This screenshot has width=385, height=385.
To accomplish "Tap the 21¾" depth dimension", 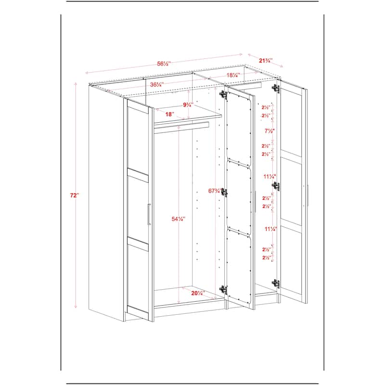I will point(265,61).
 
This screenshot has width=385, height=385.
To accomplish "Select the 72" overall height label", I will point(74,195).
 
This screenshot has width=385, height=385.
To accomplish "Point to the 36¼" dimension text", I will point(156,84).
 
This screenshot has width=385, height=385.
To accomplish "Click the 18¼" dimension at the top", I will point(233,75).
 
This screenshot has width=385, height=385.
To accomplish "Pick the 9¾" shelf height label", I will point(188,104).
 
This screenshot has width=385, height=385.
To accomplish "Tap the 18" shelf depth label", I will point(169,115).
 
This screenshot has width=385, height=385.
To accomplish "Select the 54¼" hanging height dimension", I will point(179,219).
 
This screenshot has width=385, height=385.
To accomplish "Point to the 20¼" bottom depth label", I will point(197,293).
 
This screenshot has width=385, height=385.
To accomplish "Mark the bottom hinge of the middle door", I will point(223,290).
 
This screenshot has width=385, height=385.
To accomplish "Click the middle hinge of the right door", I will point(276,186).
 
